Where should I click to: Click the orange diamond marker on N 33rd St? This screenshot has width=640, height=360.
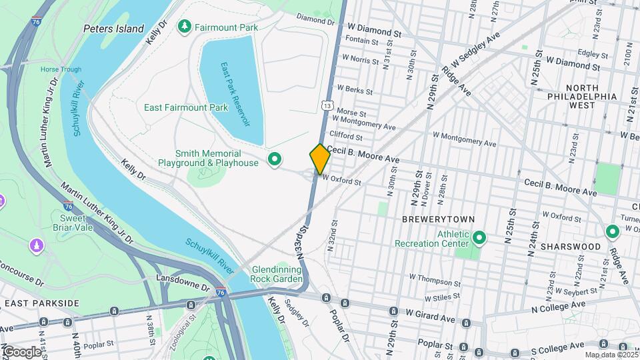pyautogui.click(x=320, y=159)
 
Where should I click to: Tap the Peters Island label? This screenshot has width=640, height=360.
pyautogui.click(x=113, y=29)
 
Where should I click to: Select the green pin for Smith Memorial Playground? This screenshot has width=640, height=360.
pyautogui.click(x=273, y=159)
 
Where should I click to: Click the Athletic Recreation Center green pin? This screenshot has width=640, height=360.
pyautogui.click(x=478, y=237)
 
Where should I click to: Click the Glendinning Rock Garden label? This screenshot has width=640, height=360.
pyautogui.click(x=277, y=274)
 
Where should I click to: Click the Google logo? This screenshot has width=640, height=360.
pyautogui.click(x=21, y=351)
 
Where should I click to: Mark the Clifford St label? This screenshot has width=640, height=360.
pyautogui.click(x=347, y=137)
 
